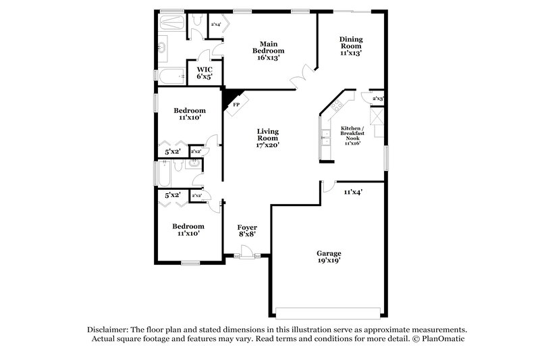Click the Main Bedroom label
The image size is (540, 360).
pos(268,51)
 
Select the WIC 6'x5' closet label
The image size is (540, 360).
pos(205,73)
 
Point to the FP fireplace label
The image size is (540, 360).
pos(236,105)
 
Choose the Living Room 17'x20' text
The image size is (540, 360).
pos(267,138)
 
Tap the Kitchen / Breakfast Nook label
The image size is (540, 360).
pos(352,135)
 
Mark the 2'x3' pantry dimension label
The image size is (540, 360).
pos(378,99)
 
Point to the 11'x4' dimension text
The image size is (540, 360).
pos(354,192)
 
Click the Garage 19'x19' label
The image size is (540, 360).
pos(329,257)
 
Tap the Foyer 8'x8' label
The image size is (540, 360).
pos(246,231)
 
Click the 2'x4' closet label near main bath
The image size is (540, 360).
pos(216,25)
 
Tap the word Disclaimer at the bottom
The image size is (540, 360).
pos(109,329)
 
